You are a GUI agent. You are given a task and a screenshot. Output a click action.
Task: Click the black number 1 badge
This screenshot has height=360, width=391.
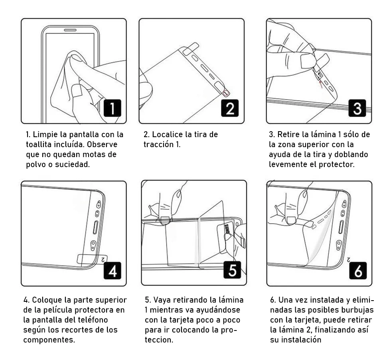[x=113, y=109]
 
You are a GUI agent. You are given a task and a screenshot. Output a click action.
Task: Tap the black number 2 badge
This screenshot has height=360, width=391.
[x=230, y=109]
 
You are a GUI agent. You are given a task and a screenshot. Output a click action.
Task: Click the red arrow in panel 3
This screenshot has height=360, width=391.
[x=321, y=83]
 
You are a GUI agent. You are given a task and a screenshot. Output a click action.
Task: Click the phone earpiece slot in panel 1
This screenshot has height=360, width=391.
[x=70, y=30]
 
